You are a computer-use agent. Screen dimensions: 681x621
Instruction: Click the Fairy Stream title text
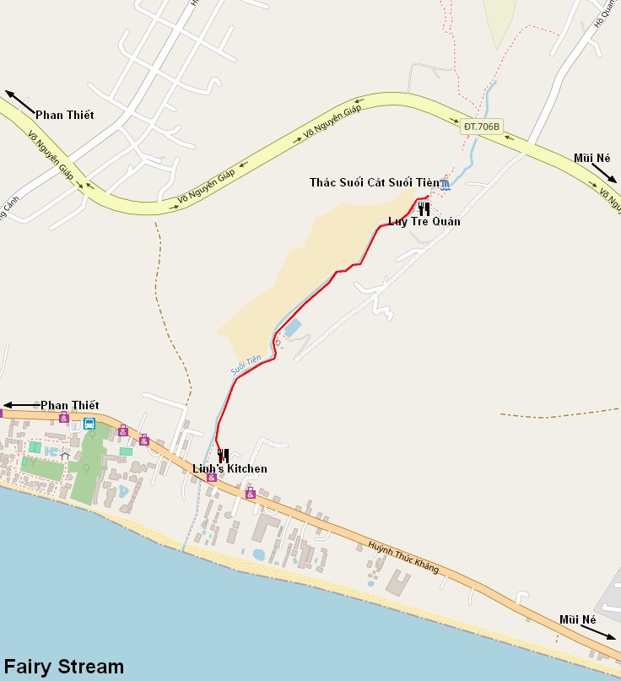(64, 667)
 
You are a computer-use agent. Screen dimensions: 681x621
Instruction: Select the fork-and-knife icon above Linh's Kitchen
(223, 456)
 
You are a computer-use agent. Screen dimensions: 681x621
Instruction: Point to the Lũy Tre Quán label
(424, 221)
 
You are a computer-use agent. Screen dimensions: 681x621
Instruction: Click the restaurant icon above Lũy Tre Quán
(424, 208)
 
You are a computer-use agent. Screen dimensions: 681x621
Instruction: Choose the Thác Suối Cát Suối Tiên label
(374, 182)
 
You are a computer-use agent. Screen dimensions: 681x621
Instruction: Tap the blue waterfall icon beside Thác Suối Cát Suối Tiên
(445, 185)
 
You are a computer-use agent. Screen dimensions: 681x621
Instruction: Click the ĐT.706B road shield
(482, 127)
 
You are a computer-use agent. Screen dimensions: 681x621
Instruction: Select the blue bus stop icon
(89, 424)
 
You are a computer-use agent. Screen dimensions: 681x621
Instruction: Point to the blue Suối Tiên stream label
(246, 365)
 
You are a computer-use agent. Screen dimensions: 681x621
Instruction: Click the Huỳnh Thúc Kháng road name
(403, 558)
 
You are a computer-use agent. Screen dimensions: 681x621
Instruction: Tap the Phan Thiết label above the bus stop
(69, 406)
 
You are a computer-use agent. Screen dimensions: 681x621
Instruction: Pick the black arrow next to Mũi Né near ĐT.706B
(603, 173)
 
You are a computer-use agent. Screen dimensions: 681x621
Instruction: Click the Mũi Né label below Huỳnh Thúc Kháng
(578, 619)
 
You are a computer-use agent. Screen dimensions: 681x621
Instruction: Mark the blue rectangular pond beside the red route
(292, 328)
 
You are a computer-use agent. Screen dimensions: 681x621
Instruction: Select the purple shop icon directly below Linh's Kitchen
(211, 478)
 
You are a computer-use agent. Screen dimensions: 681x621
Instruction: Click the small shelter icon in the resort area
(65, 456)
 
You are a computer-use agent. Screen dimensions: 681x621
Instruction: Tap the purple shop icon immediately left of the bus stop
(64, 416)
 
